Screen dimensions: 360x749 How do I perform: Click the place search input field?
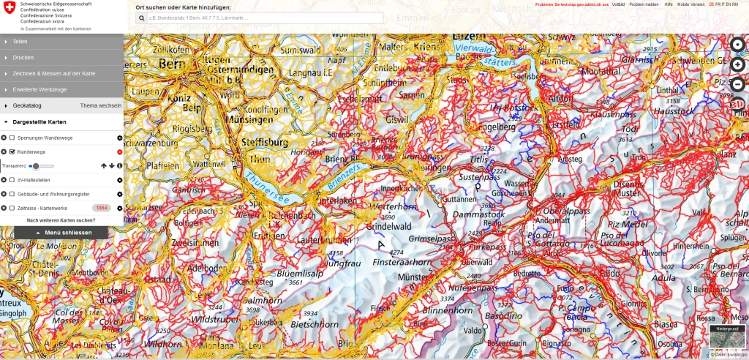point(264,18)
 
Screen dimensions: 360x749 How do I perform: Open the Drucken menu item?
point(23,57)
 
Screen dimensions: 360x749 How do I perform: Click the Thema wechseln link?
point(100,106)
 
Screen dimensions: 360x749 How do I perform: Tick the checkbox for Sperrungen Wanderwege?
point(12,138)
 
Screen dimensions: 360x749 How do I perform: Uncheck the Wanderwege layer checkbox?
point(12,152)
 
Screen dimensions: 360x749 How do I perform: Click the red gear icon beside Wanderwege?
point(119,152)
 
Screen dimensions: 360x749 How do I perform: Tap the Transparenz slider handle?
point(35,166)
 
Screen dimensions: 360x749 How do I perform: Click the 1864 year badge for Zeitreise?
point(102,208)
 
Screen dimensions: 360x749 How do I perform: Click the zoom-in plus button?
point(738,64)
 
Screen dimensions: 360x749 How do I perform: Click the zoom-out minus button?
point(738,83)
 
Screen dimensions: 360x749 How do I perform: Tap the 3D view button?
point(738,104)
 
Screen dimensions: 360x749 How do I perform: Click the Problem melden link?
point(644,4)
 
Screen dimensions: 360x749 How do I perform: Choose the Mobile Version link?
point(691,4)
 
